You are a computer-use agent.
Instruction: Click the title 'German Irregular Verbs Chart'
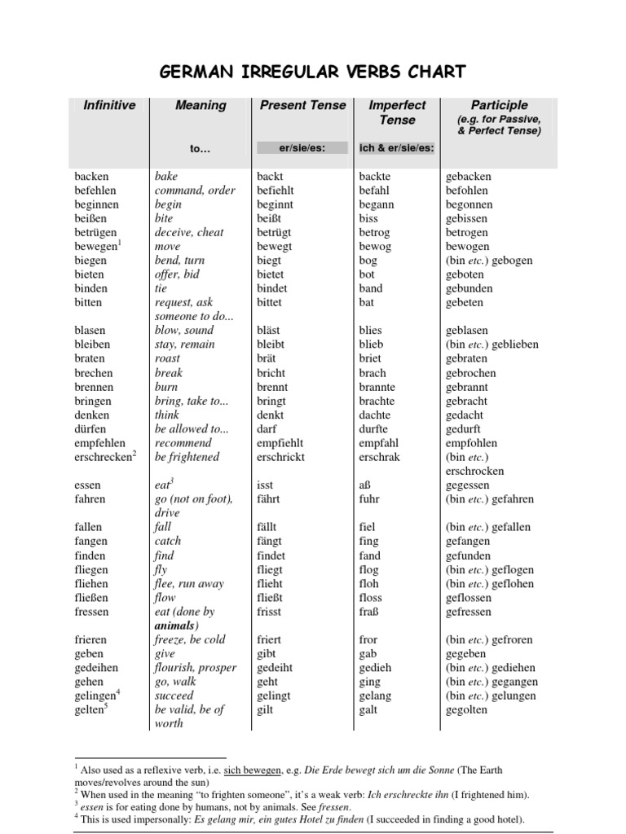tap(313, 72)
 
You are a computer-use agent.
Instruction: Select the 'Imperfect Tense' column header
tap(397, 112)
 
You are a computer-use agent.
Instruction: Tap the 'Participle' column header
tap(499, 105)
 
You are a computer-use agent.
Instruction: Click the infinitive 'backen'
tap(91, 176)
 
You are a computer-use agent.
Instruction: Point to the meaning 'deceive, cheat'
tap(189, 232)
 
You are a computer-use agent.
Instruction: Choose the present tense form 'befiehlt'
tap(280, 190)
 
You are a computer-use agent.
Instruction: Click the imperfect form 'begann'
tap(376, 204)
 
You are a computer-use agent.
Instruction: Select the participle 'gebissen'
tap(467, 218)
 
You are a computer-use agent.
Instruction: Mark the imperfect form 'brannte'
tap(377, 387)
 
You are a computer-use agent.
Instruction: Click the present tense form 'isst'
tap(265, 485)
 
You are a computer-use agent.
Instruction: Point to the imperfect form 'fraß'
tap(369, 612)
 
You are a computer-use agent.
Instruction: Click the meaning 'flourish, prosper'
tap(196, 668)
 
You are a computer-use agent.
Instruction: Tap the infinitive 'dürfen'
tap(92, 429)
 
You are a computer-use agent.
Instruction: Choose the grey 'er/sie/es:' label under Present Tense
tap(302, 148)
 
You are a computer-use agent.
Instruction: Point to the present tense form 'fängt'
tap(269, 541)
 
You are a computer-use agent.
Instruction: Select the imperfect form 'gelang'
tap(375, 696)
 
